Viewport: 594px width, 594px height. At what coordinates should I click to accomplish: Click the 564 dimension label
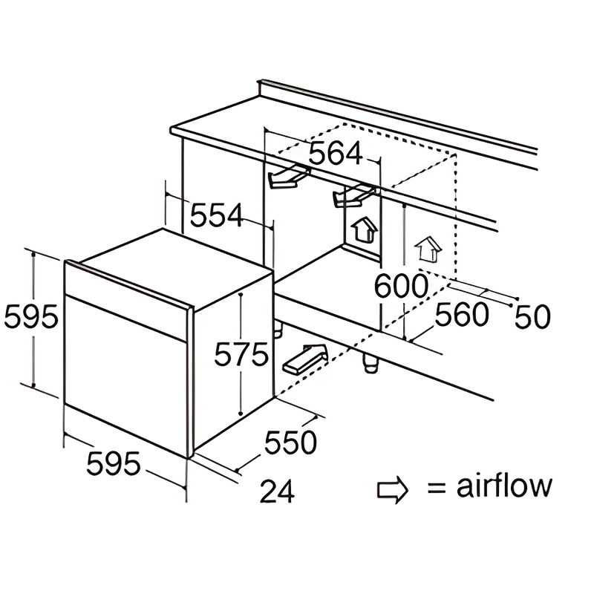[x=336, y=154]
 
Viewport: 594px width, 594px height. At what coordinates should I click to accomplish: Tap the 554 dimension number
[x=217, y=215]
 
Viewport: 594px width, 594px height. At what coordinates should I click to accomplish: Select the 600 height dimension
[x=401, y=285]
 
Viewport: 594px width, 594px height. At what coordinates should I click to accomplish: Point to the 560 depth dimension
[x=462, y=315]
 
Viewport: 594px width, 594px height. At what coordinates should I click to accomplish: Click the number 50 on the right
[x=533, y=317]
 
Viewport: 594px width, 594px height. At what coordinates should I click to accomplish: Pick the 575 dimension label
[x=241, y=355]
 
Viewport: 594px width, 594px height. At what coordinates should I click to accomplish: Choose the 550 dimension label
[x=291, y=443]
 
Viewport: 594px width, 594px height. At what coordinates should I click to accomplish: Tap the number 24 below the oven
[x=278, y=491]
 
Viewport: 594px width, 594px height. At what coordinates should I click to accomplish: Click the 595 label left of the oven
[x=30, y=318]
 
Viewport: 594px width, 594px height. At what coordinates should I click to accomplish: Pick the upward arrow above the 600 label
[x=428, y=248]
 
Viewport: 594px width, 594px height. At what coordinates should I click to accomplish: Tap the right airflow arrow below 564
[x=353, y=195]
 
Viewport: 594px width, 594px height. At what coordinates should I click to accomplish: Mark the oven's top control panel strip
[x=126, y=286]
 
